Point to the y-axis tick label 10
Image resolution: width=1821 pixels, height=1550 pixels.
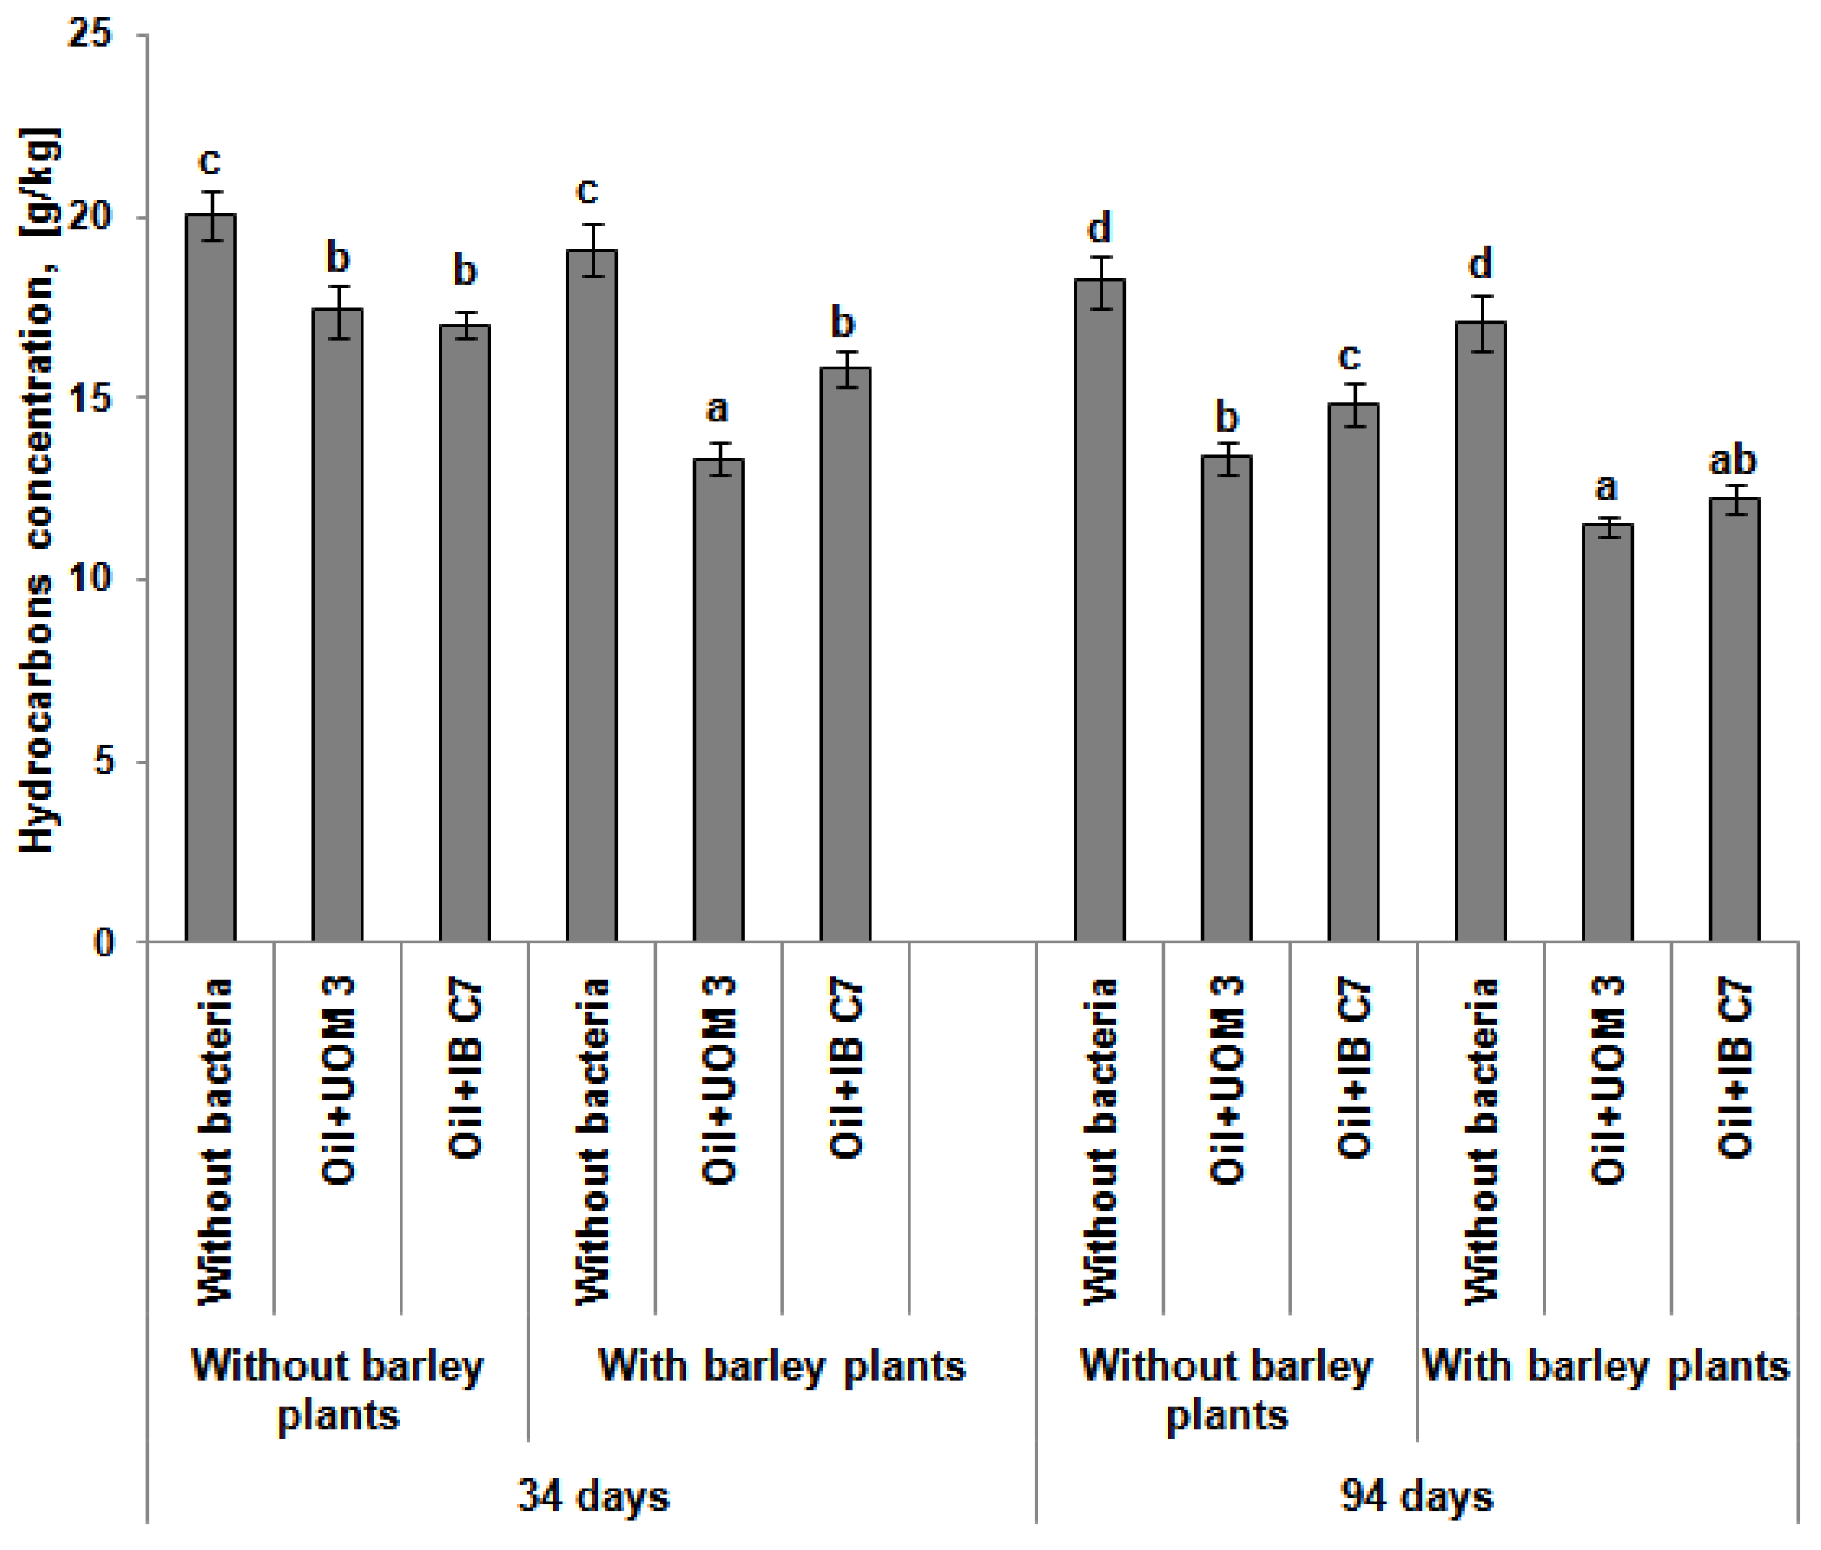coord(90,578)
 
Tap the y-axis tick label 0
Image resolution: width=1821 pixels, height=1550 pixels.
coord(103,942)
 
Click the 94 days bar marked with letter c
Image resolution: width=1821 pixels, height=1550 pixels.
coord(1352,672)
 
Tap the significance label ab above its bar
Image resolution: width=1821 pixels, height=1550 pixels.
coord(1731,461)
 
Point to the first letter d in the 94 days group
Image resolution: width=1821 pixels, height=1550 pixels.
coord(1099,228)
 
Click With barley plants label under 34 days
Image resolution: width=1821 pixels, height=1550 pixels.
coord(781,1366)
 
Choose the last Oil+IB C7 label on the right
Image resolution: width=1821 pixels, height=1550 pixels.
coord(1734,1068)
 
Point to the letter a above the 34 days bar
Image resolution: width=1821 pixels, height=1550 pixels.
coord(717,408)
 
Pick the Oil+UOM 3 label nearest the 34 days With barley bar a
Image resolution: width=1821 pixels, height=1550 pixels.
coord(718,1080)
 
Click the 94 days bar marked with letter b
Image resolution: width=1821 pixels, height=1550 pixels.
coord(1226,698)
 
